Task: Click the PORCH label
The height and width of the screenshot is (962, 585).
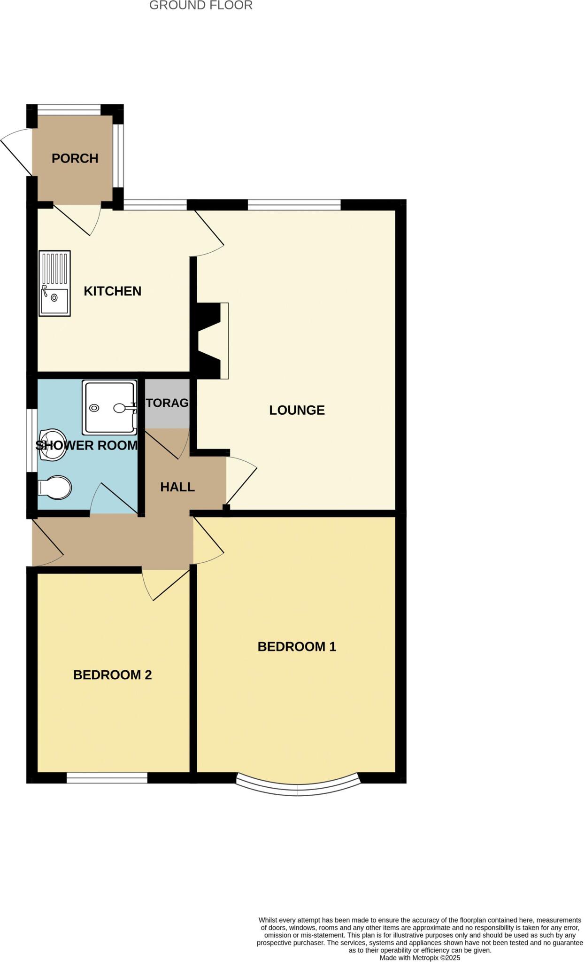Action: click(75, 159)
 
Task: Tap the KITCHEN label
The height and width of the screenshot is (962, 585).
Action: click(112, 291)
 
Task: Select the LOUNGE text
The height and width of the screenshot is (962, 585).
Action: click(297, 410)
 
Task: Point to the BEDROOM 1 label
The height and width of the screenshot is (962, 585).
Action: click(297, 647)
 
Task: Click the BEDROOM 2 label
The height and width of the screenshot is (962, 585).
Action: click(112, 675)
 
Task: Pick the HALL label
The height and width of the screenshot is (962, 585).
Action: click(177, 487)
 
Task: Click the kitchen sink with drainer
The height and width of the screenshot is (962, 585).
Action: click(54, 283)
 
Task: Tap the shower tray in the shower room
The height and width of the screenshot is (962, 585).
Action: click(109, 407)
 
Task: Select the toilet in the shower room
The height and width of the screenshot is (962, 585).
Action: click(55, 488)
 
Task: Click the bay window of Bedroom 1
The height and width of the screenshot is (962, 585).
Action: click(298, 790)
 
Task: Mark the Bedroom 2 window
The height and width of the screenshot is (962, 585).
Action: click(107, 778)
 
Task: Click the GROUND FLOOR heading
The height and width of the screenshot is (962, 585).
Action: click(200, 6)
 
